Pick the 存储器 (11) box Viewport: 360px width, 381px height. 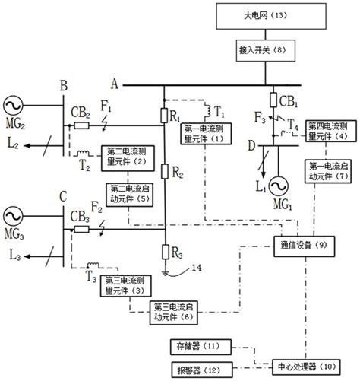194,345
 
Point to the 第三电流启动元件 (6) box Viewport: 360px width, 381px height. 172,307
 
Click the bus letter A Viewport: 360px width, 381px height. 115,84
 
